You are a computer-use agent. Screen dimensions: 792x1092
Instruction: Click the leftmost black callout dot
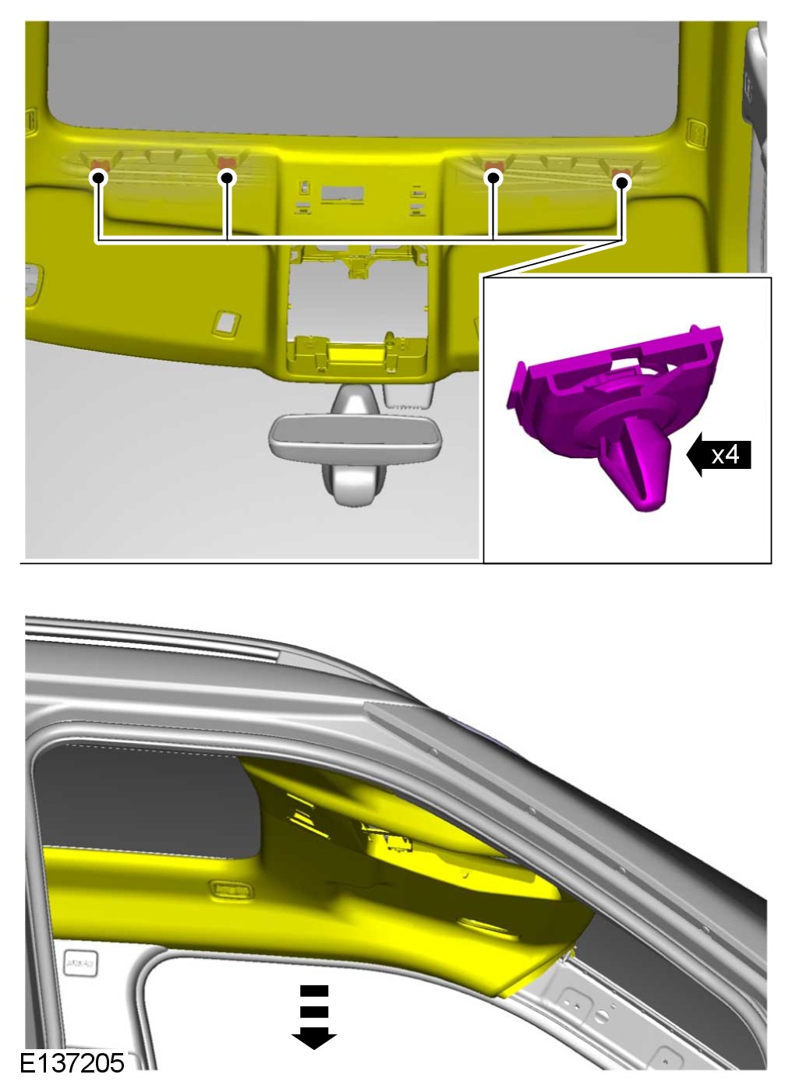tap(100, 178)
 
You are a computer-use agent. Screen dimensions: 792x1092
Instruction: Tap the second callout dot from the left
tap(226, 178)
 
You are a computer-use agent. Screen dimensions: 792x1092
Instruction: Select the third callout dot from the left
tap(494, 178)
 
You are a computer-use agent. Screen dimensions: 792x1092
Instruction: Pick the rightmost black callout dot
tap(622, 183)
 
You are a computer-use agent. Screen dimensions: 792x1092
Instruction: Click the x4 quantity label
tap(725, 455)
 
